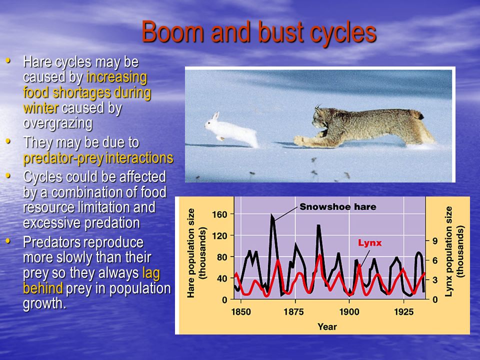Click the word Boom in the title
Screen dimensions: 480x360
172,32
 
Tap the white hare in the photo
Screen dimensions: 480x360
231,130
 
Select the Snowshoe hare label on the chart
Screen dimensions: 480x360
337,207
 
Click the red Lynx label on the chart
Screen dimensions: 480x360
370,243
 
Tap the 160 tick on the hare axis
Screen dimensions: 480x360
220,214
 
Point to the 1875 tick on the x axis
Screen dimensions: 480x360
293,312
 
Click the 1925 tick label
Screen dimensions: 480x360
403,312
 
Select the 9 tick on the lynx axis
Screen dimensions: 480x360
435,241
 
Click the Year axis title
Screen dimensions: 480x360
327,326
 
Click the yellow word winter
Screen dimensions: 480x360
40,108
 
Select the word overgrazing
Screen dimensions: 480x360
58,123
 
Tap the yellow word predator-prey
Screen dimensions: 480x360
63,158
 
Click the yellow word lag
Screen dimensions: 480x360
151,273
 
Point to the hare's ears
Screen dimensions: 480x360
216,116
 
